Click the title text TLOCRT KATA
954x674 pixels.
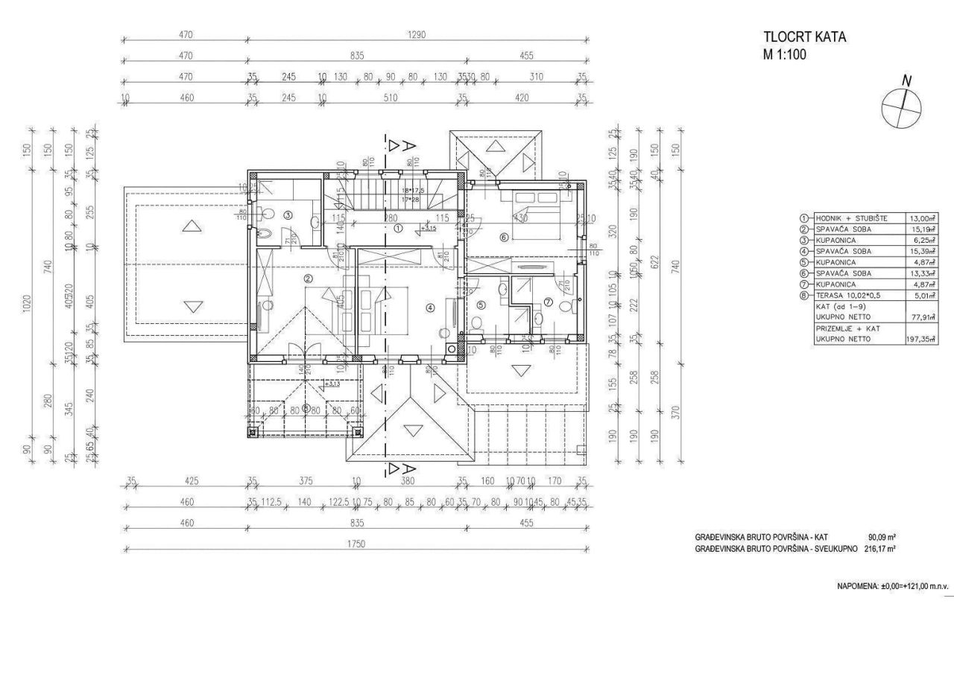pyautogui.click(x=804, y=37)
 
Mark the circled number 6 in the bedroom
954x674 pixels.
pyautogui.click(x=503, y=238)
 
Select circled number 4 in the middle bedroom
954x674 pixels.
pyautogui.click(x=429, y=307)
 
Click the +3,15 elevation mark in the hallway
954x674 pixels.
pyautogui.click(x=429, y=228)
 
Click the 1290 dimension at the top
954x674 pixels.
pyautogui.click(x=416, y=36)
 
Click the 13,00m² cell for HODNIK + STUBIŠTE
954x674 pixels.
pyautogui.click(x=922, y=218)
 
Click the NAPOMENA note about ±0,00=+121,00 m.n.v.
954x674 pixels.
pyautogui.click(x=885, y=587)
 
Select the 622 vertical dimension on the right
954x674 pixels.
pyautogui.click(x=655, y=262)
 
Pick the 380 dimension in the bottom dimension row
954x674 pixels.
pyautogui.click(x=407, y=481)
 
